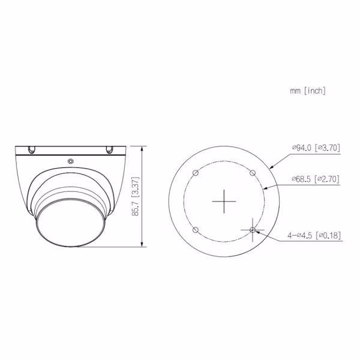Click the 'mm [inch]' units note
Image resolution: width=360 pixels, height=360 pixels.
coord(307,91)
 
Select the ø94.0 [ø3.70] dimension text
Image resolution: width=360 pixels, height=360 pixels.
coord(316,147)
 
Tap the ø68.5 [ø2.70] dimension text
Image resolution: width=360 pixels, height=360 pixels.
coord(316,179)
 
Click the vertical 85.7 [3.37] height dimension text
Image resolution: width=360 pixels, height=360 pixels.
coord(136,196)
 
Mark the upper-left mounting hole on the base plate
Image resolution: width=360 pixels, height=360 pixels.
coord(196,173)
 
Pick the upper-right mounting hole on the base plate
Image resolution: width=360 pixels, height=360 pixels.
coord(253,173)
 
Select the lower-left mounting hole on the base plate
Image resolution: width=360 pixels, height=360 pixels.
coord(196,230)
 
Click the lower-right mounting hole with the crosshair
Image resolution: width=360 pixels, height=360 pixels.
coord(253,230)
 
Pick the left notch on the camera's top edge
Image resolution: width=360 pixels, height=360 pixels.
coord(30,148)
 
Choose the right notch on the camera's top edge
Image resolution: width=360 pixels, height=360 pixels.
coord(110,148)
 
